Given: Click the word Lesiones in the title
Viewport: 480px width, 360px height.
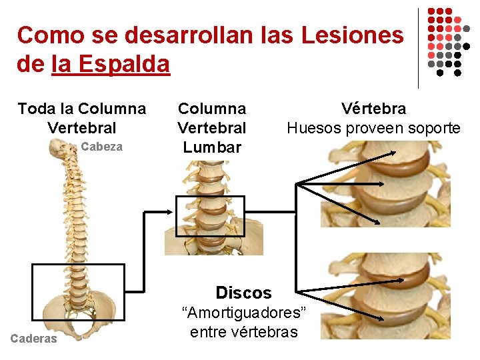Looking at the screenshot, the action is click(353, 35).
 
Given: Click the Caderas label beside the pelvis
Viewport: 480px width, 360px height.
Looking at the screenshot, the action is click(34, 339).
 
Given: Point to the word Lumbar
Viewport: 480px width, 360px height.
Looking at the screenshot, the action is click(212, 147).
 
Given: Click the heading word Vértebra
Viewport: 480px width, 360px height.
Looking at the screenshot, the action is click(373, 109).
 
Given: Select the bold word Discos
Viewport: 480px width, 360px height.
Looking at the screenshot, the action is click(243, 293).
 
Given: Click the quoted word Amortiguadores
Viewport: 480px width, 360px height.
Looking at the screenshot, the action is click(245, 313).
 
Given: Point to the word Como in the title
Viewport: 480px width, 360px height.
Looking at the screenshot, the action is click(45, 35).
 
